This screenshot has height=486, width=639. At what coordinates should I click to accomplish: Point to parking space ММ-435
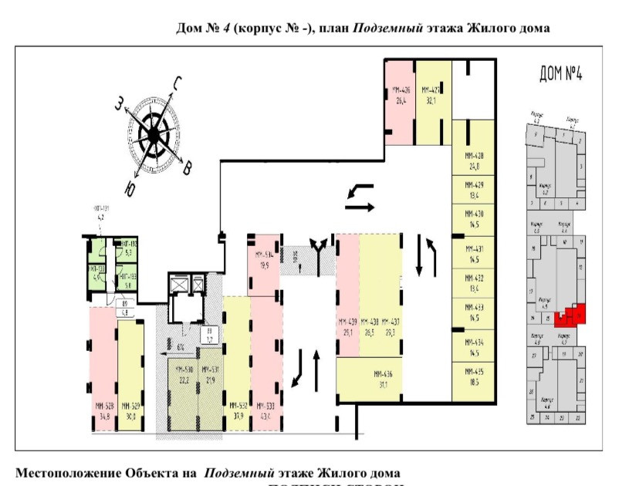pyautogui.click(x=474, y=377)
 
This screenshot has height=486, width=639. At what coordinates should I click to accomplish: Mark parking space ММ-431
pyautogui.click(x=474, y=254)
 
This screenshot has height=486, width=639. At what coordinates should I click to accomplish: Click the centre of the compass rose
pyautogui.click(x=153, y=137)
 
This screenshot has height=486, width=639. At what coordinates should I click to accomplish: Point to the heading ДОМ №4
pyautogui.click(x=560, y=75)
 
